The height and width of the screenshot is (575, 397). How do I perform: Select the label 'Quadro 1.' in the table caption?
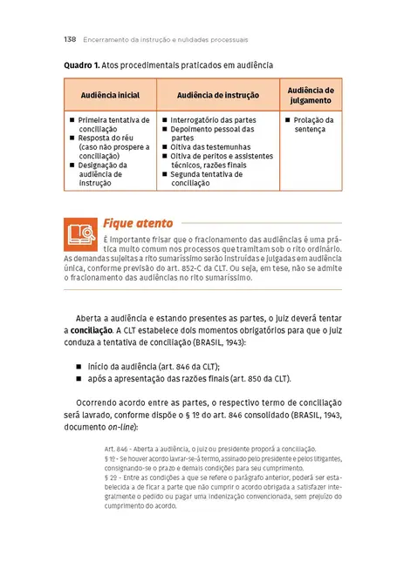[x=82, y=65]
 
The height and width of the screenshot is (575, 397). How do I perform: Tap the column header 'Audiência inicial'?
[x=110, y=94]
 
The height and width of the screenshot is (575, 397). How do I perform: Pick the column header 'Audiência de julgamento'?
[x=310, y=94]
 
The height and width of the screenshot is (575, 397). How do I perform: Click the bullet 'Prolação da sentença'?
[x=311, y=125]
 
